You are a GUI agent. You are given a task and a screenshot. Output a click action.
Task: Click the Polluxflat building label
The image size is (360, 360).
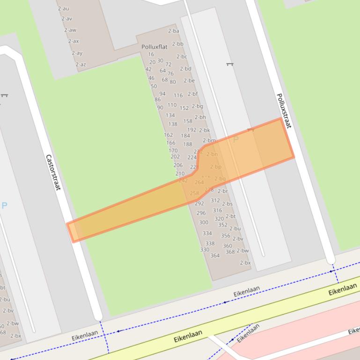154,47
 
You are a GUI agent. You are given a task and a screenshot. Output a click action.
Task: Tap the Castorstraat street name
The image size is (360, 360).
53,173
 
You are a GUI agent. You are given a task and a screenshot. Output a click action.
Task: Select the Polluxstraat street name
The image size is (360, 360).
284,111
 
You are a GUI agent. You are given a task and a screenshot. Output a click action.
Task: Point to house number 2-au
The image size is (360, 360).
63,8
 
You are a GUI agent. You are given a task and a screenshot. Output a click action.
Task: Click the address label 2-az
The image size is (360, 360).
81,65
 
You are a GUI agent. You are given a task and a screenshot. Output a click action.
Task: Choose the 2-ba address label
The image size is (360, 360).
173,31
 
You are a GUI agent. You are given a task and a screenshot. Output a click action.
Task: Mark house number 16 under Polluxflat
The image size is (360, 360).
151,55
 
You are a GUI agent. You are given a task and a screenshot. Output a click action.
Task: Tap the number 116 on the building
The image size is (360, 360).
178,95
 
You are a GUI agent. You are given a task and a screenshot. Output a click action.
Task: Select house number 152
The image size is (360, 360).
184,108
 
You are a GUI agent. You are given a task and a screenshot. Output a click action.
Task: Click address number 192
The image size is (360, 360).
191,130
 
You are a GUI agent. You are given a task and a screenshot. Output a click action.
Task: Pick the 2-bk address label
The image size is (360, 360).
205,130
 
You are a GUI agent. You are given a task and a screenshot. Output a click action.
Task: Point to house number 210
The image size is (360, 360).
180,174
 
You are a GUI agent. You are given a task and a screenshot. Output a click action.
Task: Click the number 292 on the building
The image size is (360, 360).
199,203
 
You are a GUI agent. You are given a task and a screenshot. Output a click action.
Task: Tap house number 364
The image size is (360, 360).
215,256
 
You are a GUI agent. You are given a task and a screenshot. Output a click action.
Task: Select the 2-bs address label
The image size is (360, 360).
228,204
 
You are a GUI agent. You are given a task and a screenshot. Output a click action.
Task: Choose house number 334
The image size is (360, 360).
207,233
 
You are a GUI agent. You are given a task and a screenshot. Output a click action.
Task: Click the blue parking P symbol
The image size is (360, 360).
5,205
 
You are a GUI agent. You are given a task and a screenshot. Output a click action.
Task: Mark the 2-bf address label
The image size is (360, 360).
193,94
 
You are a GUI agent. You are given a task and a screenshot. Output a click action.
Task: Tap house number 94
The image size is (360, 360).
162,94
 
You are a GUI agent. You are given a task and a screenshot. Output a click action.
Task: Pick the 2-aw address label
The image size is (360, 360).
70,30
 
